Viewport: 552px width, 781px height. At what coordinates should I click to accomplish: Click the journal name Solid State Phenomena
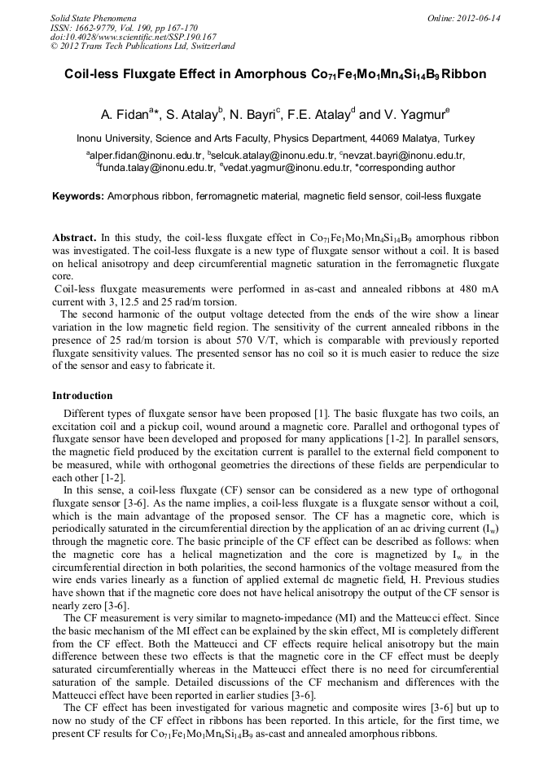pos(93,18)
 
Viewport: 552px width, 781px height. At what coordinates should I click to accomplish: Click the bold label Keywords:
pos(78,196)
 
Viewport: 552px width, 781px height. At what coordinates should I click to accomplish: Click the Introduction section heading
pos(82,396)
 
